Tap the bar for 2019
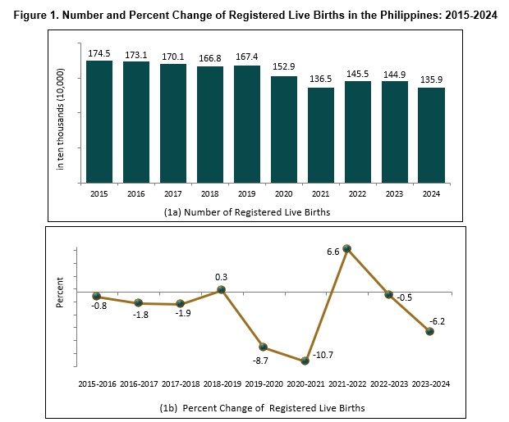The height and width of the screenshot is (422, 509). [x=247, y=124]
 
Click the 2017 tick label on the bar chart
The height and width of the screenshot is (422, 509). [x=173, y=194]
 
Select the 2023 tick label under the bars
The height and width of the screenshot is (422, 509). [x=394, y=194]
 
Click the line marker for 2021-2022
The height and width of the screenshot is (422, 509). [x=346, y=247]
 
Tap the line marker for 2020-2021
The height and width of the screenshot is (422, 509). [x=305, y=361]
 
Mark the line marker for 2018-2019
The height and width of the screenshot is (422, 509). [x=222, y=289]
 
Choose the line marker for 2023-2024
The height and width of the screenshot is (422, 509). [x=429, y=331]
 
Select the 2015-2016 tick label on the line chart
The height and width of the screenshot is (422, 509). [x=97, y=383]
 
